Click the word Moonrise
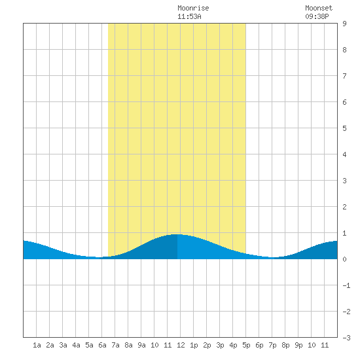coord(193,9)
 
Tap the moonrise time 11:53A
coord(189,16)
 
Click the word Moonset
coord(319,9)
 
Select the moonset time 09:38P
coord(317,16)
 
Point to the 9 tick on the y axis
coord(344,24)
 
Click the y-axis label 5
coord(344,128)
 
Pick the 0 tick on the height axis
coord(344,259)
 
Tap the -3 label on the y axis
coord(346,338)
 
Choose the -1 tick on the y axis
coord(346,285)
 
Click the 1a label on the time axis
coord(37,345)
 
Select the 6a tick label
coord(102,345)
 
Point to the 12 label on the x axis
coord(181,345)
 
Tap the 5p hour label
coord(246,345)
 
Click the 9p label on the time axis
coord(298,345)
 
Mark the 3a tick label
coord(63,345)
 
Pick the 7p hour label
coord(272,345)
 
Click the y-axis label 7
coord(344,76)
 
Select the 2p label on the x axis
coord(207,345)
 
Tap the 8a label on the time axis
coord(128,345)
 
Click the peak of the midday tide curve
coord(177,234)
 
